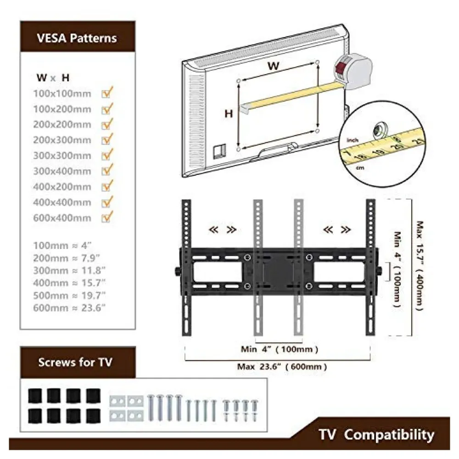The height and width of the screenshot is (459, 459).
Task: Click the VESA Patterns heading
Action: [x=77, y=38]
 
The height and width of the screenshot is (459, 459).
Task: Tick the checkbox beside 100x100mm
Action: [x=107, y=93]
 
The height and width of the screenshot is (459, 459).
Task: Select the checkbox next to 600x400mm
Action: [x=107, y=217]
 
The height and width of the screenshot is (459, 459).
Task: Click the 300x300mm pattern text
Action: [x=62, y=156]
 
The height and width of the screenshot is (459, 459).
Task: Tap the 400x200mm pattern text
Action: [x=62, y=187]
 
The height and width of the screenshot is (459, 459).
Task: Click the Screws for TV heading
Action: [x=75, y=362]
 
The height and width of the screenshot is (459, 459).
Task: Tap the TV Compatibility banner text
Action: [x=376, y=434]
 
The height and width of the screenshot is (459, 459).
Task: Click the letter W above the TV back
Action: [x=274, y=65]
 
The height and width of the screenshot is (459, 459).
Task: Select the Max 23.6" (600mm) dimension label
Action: [x=282, y=367]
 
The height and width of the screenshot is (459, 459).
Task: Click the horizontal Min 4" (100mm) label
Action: [x=280, y=349]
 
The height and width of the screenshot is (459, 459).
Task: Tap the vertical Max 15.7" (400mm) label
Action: [x=419, y=265]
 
